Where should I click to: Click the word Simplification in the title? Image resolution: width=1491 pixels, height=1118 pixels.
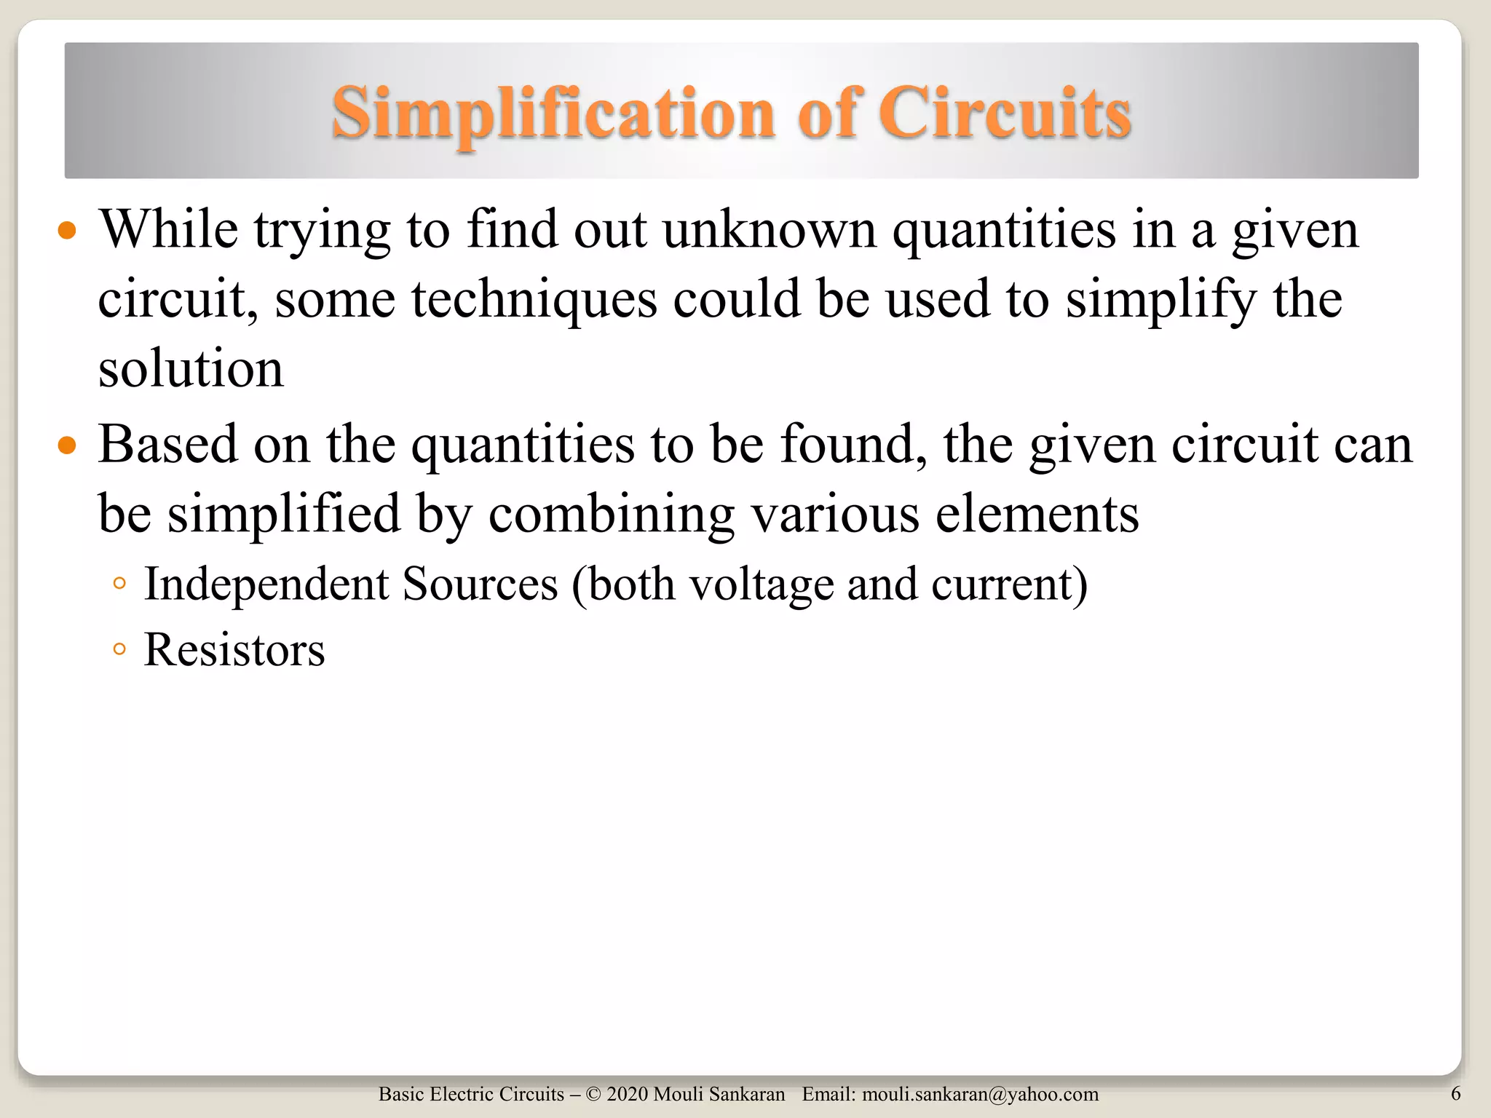(x=553, y=114)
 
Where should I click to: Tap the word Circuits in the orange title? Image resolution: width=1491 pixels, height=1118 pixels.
(x=1005, y=114)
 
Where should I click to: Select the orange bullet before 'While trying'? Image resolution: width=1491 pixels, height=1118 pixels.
(x=67, y=231)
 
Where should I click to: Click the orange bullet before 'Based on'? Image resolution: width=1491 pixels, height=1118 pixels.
(x=67, y=445)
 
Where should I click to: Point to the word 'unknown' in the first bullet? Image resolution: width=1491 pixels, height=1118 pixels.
(x=770, y=230)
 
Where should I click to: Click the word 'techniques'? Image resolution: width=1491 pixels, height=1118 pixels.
(x=534, y=299)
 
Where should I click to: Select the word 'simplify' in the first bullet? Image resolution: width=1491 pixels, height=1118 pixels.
(x=1161, y=299)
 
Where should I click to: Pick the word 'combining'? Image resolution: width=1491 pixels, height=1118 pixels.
(x=611, y=514)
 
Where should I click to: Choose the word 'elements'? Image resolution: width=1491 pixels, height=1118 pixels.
(x=1037, y=514)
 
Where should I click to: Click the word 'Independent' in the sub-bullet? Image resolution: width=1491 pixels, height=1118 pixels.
(x=266, y=584)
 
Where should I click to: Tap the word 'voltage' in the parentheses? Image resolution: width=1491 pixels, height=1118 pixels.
(x=762, y=584)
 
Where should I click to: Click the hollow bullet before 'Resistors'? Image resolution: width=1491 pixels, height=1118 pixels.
(x=120, y=649)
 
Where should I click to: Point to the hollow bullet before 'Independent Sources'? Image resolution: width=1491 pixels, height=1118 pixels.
(x=120, y=583)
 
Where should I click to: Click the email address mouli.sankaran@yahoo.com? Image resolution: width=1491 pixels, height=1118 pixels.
(x=980, y=1094)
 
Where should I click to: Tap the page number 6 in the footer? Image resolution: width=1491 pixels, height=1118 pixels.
(x=1455, y=1093)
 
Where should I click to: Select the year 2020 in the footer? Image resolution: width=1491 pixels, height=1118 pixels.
(x=627, y=1094)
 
